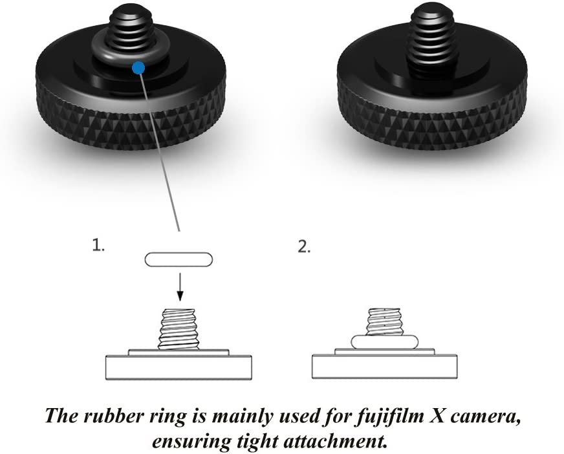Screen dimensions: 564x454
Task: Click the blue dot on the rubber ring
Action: click(x=138, y=68)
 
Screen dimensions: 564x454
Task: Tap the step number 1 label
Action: click(x=98, y=245)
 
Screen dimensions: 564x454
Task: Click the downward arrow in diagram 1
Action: click(x=180, y=286)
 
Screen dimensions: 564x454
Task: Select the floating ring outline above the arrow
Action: click(x=179, y=260)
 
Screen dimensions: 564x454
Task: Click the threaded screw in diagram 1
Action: click(x=179, y=329)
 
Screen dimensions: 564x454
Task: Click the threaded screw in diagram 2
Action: click(x=384, y=321)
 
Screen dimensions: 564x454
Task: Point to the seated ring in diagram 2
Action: click(x=384, y=341)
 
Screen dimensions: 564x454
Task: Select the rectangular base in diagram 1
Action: click(x=179, y=367)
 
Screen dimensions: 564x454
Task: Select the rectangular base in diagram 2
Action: click(x=384, y=367)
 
